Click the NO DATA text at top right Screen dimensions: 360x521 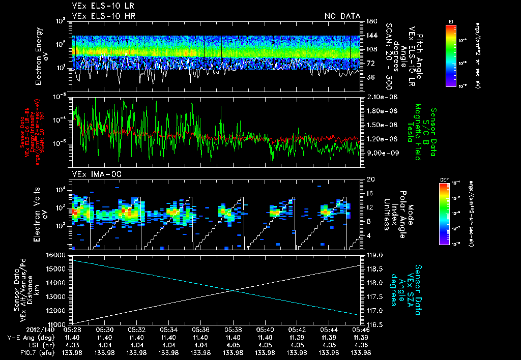click(342, 16)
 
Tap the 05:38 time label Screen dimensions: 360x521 click(233, 329)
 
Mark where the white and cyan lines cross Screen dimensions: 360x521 click(233, 290)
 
